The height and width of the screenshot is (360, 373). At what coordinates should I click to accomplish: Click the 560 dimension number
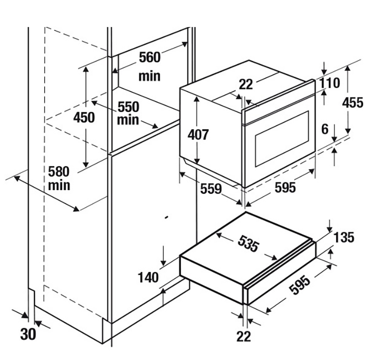pyautogui.click(x=149, y=58)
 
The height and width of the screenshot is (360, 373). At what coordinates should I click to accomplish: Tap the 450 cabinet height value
pyautogui.click(x=84, y=118)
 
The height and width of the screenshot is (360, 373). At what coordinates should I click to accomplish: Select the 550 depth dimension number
pyautogui.click(x=128, y=107)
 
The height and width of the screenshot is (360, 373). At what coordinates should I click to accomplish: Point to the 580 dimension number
pyautogui.click(x=59, y=172)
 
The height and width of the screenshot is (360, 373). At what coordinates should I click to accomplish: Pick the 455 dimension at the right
pyautogui.click(x=352, y=102)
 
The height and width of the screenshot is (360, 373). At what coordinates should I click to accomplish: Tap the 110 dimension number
pyautogui.click(x=330, y=83)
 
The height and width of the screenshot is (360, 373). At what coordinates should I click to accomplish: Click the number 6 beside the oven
pyautogui.click(x=325, y=129)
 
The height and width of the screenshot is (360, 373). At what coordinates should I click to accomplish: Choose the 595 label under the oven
pyautogui.click(x=285, y=187)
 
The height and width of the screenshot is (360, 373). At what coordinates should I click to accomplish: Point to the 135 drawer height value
pyautogui.click(x=344, y=237)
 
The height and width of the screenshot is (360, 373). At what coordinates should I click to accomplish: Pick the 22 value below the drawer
pyautogui.click(x=243, y=336)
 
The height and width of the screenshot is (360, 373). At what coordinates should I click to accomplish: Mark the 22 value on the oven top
pyautogui.click(x=245, y=84)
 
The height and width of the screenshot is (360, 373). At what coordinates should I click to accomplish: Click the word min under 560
pyautogui.click(x=149, y=76)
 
